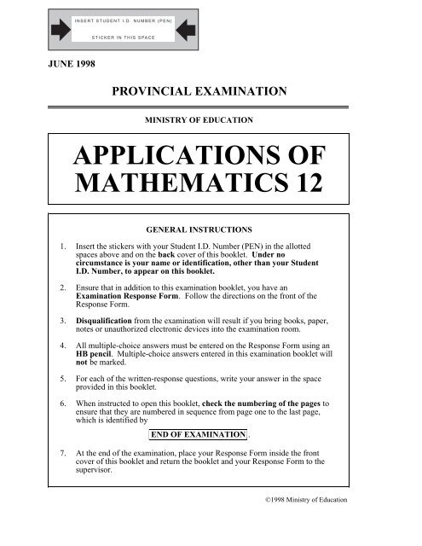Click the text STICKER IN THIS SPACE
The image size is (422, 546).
[x=124, y=38]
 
